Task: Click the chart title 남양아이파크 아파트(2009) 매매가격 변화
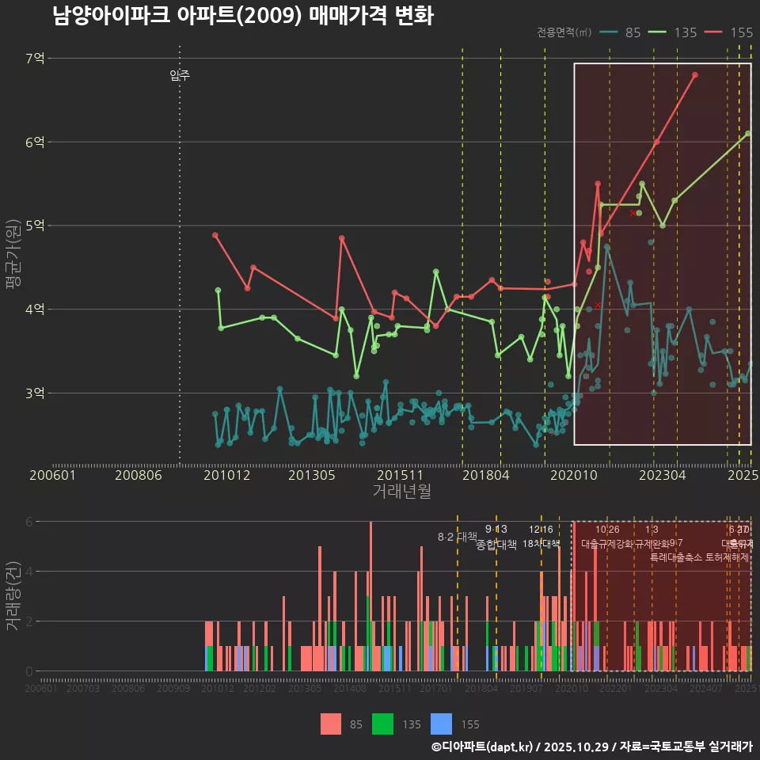point(243,17)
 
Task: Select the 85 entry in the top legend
point(621,32)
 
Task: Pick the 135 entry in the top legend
point(674,32)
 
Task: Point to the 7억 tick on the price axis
point(35,58)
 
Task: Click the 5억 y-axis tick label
point(35,226)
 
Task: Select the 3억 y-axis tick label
point(35,393)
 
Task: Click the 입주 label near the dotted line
point(180,76)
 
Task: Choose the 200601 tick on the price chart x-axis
point(52,475)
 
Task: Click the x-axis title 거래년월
point(401,492)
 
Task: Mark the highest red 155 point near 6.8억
point(695,75)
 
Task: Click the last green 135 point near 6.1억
point(748,133)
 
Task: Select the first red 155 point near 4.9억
point(215,235)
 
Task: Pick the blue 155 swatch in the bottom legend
point(442,724)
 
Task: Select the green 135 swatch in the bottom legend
point(383,724)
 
